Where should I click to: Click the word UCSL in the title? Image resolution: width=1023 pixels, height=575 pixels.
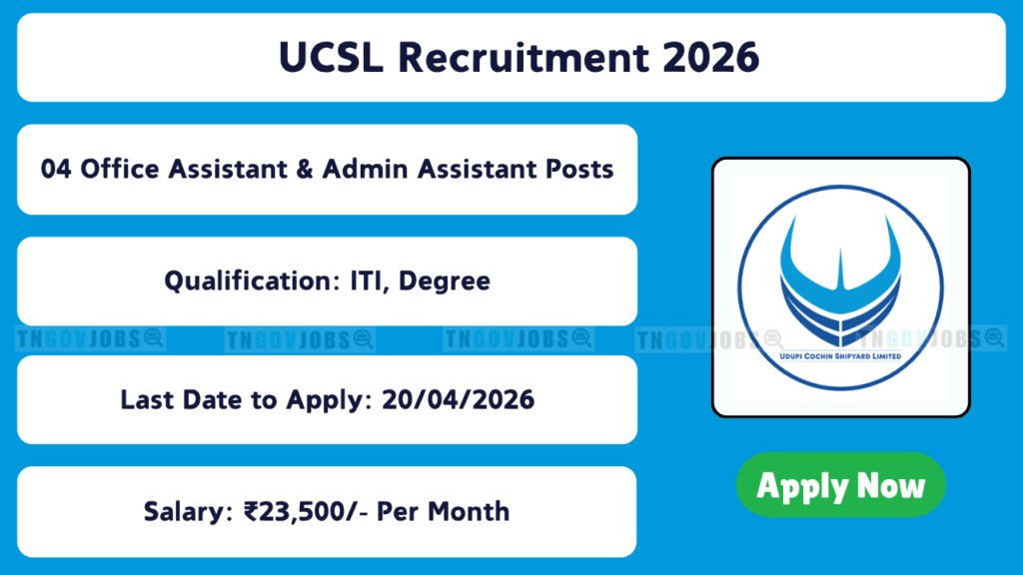(x=331, y=57)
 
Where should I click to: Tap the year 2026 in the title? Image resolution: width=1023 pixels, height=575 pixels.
(x=710, y=57)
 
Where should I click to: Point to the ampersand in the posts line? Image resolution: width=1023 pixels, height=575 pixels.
(x=304, y=170)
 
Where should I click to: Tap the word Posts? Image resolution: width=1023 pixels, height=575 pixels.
(x=579, y=170)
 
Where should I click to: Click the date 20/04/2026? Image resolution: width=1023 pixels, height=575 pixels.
(x=458, y=399)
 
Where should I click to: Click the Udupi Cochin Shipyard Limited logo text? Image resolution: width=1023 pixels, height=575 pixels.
(x=840, y=356)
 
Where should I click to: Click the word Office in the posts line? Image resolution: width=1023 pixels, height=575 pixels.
(x=120, y=170)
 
